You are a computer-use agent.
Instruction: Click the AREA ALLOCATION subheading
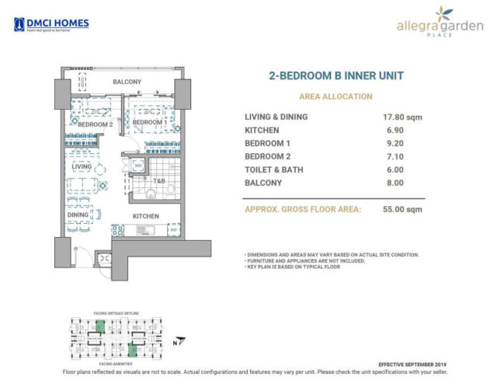tap(335, 96)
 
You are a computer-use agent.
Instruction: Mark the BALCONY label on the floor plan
tap(126, 82)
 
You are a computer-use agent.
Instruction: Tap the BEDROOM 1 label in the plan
tap(147, 123)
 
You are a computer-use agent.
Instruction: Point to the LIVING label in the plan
tap(82, 166)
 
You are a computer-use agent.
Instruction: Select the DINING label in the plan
tap(78, 215)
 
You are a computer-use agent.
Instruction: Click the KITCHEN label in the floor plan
tap(145, 216)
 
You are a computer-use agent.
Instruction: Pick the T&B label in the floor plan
tap(158, 181)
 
